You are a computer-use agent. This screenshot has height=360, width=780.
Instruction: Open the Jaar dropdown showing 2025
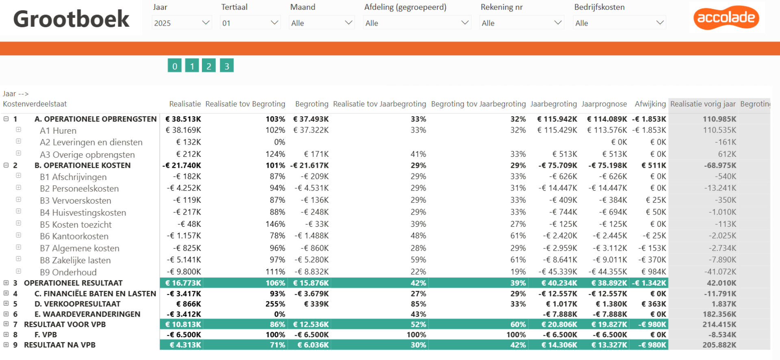(x=182, y=23)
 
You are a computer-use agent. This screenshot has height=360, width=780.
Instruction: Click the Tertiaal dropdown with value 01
(x=250, y=23)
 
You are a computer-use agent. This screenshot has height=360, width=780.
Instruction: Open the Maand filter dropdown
(x=321, y=23)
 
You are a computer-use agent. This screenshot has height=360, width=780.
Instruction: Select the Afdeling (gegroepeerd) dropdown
(x=417, y=23)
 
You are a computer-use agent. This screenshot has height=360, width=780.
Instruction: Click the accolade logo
(x=726, y=17)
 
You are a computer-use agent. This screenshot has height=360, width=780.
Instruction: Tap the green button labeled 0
(x=175, y=65)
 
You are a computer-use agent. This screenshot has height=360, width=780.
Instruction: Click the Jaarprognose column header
(x=604, y=104)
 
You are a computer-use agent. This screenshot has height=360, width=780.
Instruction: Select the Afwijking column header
(x=650, y=104)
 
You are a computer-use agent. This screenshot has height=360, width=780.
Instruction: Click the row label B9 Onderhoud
(x=68, y=272)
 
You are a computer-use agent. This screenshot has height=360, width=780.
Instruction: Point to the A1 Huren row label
(x=58, y=130)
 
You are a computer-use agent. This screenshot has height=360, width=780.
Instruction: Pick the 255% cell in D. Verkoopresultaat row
(x=275, y=304)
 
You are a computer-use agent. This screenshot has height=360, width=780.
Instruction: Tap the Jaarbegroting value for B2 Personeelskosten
(x=558, y=188)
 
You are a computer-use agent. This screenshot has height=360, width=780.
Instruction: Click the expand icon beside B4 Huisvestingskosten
(x=18, y=211)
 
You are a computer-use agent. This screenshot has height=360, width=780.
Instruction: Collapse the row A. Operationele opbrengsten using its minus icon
(x=6, y=119)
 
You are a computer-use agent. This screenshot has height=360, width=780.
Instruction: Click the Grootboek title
(x=71, y=19)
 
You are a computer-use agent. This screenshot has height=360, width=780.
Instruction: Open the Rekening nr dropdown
(x=522, y=23)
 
